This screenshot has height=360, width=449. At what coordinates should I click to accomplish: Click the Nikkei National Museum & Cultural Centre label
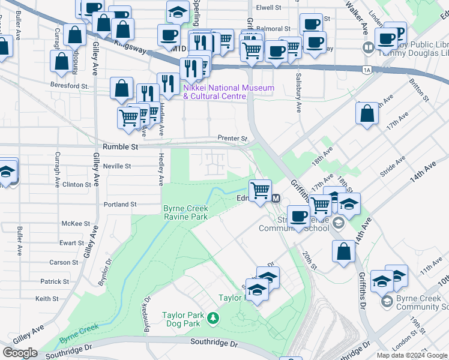228,92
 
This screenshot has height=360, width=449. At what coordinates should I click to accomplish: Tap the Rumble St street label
120,146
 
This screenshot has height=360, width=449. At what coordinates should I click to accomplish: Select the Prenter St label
232,139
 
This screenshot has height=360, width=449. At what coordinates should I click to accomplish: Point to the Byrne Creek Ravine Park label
185,212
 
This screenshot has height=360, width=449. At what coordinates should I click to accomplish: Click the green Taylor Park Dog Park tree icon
212,317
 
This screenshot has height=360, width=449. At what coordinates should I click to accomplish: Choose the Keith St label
47,298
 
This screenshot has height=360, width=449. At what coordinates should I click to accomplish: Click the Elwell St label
268,8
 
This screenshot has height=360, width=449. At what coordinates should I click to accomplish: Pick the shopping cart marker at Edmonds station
260,191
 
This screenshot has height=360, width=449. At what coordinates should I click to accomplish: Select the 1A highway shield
366,70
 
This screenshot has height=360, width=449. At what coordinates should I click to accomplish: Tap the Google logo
20,353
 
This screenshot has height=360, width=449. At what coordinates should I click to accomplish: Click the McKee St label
76,223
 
